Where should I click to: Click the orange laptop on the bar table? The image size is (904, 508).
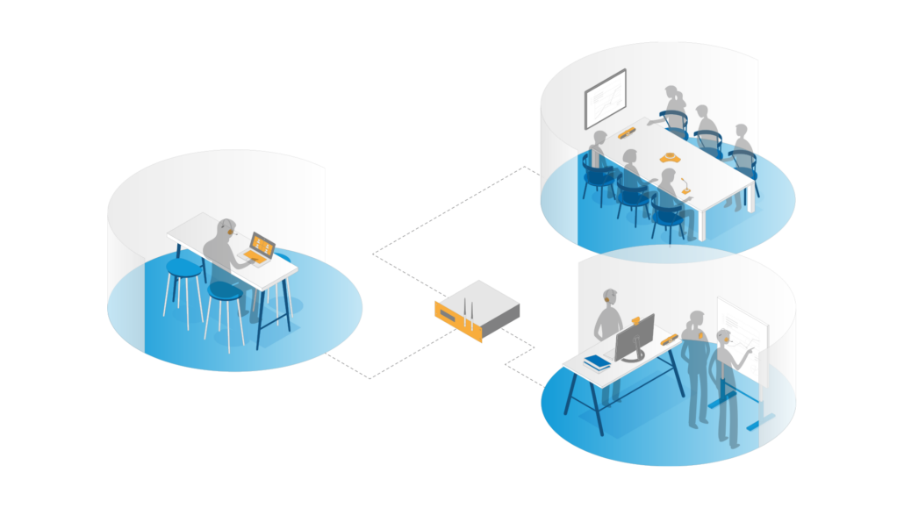(x=259, y=247)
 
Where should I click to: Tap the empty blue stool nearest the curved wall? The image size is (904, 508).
(x=183, y=268)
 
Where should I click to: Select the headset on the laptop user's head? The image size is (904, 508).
(x=230, y=231)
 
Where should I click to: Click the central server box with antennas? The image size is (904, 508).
(x=477, y=311)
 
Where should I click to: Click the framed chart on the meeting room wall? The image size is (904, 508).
(x=606, y=99)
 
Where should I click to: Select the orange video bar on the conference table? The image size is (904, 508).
(x=627, y=133)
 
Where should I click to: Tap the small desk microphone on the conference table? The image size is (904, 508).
(x=684, y=188)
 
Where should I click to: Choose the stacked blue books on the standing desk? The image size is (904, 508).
(x=597, y=361)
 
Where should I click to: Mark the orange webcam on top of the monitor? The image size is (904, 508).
(x=635, y=318)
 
